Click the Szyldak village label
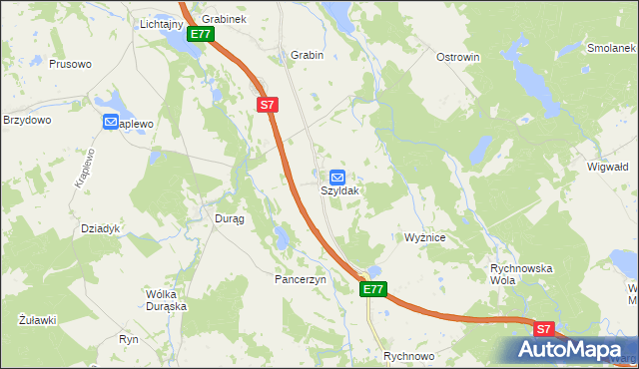tap(339, 189)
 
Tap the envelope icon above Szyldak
tap(338, 175)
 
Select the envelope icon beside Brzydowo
tap(110, 122)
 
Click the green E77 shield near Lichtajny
tap(200, 34)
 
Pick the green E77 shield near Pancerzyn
tap(372, 289)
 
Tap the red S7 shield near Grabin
tap(267, 104)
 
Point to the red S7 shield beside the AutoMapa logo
tap(543, 327)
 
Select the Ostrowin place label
tap(458, 57)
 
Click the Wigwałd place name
tap(607, 167)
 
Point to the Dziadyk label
tap(101, 228)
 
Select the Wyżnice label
tap(431, 238)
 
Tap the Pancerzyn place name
tap(302, 280)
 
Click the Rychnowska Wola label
tap(521, 275)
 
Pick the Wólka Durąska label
tap(167, 300)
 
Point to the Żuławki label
tap(37, 320)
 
